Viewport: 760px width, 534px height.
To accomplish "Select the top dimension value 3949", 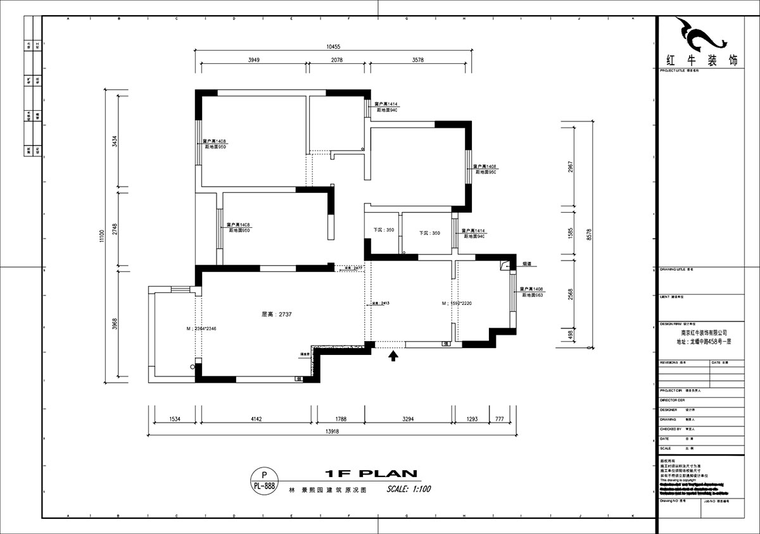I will (253, 60).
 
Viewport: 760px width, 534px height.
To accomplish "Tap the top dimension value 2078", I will (337, 60).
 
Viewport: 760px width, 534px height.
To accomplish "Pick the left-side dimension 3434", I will (115, 141).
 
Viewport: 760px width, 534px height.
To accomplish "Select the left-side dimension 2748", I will (115, 228).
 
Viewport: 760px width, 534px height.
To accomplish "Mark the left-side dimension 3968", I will (115, 323).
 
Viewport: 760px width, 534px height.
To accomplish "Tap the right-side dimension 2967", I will (570, 168).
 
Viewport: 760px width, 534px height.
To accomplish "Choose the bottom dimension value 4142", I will (256, 418).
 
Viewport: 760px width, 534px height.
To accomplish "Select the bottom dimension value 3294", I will (408, 418).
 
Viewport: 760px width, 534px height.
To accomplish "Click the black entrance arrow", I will (393, 356).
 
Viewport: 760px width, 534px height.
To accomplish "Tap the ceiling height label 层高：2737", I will (276, 314).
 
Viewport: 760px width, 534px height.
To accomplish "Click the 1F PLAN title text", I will (370, 473).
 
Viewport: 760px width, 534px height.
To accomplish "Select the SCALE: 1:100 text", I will (408, 489).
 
